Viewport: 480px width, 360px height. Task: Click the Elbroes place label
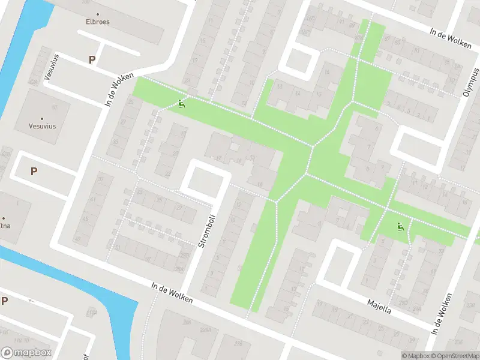point(97,22)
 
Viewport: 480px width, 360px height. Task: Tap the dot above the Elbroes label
point(98,13)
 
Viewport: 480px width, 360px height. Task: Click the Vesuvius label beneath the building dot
point(41,127)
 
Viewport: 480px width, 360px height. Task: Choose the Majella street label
point(379,305)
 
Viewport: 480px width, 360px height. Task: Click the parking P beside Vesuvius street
point(92,59)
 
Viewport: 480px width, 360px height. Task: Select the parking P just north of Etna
point(34,171)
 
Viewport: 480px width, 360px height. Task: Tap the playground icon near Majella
point(401,227)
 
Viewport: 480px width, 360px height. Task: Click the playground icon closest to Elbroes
point(182,103)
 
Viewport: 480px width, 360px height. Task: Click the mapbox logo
point(26,353)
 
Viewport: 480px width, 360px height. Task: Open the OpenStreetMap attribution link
point(454,356)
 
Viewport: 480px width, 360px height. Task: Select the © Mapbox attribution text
point(415,356)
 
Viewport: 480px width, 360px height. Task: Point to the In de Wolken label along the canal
point(172,293)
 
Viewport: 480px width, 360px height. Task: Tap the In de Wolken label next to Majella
point(442,313)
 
